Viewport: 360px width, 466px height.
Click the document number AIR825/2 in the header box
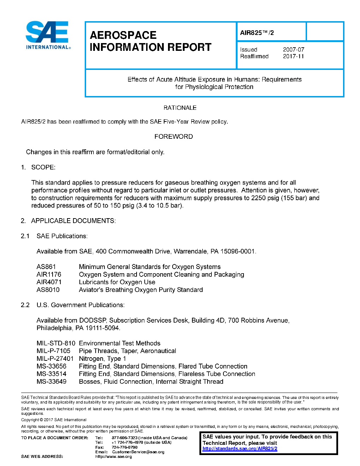(257, 33)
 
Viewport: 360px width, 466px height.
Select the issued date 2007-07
(293, 50)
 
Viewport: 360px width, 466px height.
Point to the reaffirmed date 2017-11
(293, 56)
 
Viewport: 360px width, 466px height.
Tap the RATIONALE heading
(180, 108)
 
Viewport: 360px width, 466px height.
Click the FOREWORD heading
(174, 137)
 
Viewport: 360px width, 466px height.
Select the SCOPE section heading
(43, 167)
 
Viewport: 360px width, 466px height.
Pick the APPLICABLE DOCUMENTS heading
(73, 221)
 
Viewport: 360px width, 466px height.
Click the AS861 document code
(46, 267)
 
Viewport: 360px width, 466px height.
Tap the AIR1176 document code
(49, 275)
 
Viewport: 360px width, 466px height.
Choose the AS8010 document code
(48, 290)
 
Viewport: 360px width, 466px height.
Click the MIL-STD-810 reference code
(56, 343)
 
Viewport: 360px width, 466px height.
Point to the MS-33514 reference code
(52, 374)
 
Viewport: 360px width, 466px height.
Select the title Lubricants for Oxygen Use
(117, 282)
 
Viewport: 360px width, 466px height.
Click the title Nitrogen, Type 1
(102, 359)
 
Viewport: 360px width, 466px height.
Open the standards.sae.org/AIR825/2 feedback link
(240, 449)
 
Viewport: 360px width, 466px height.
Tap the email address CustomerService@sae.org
(138, 452)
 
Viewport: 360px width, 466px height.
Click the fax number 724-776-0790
(125, 447)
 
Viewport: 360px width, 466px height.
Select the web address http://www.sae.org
(113, 456)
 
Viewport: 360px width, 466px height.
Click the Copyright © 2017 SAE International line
(54, 420)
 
